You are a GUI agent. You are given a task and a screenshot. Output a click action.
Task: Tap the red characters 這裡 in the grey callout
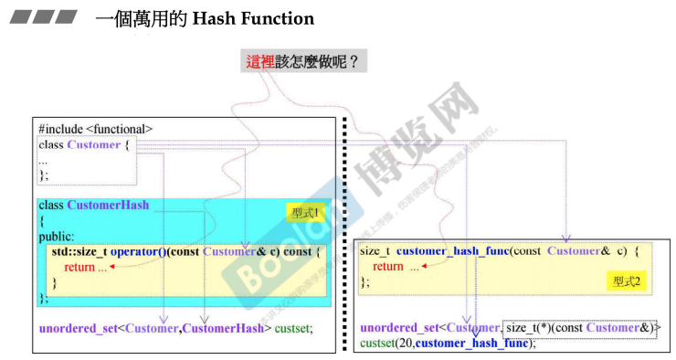(260, 62)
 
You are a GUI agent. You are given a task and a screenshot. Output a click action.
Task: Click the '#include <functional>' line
(95, 130)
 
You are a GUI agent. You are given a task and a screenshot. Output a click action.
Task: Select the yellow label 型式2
(627, 281)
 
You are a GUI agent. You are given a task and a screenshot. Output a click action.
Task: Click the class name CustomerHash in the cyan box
(108, 205)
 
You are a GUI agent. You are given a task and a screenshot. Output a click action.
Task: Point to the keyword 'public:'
(57, 236)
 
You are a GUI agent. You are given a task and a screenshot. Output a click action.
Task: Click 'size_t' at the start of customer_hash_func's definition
(375, 250)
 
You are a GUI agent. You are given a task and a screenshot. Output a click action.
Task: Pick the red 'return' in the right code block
(388, 266)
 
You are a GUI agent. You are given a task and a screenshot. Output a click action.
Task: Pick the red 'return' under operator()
(79, 267)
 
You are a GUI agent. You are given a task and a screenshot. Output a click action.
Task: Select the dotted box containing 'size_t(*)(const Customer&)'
(581, 327)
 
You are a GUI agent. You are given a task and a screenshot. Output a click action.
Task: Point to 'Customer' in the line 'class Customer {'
(94, 144)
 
